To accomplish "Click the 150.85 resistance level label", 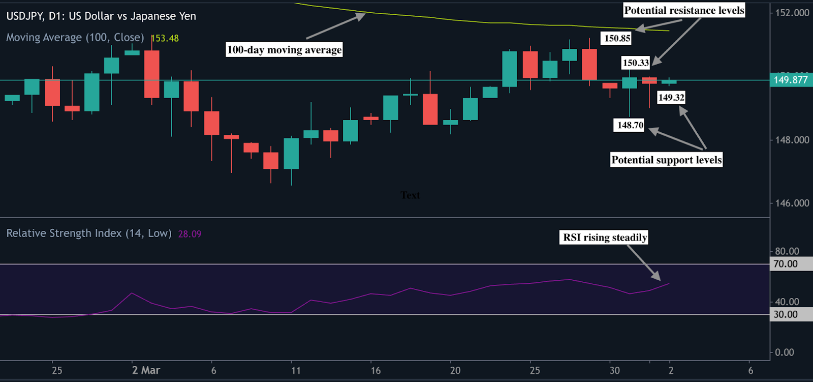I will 617,38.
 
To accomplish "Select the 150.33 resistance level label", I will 636,63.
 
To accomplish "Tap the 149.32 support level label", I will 671,97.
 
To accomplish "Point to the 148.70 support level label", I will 630,125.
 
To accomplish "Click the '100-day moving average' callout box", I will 284,49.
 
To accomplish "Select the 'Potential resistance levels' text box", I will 684,10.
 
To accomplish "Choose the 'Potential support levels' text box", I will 666,160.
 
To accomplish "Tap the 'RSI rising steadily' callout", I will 605,237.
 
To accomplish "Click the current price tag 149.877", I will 790,80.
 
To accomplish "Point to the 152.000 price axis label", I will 792,13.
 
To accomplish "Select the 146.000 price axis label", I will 792,203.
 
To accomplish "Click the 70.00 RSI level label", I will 786,264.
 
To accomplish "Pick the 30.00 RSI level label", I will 786,314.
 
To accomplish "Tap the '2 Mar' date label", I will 146,370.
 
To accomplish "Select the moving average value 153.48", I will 165,38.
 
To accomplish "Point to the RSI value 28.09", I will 190,234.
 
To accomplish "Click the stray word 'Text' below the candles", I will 410,195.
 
